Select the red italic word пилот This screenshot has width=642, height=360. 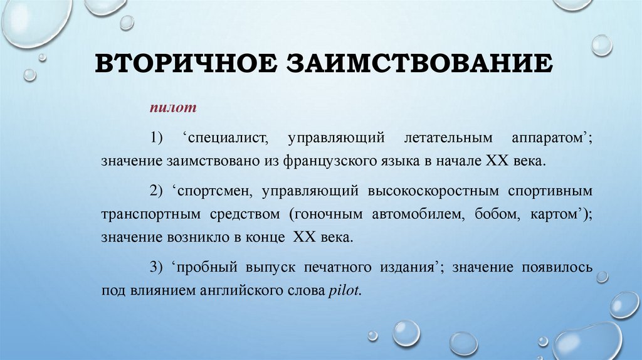pos(173,109)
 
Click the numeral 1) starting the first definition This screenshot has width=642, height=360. pos(155,137)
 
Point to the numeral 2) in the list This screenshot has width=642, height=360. pos(155,190)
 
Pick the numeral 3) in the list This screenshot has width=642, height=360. pos(155,268)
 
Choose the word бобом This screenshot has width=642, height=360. pos(495,214)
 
